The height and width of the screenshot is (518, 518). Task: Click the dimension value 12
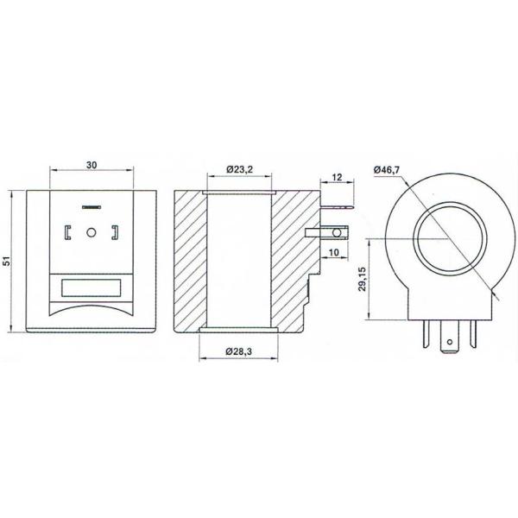click(x=338, y=177)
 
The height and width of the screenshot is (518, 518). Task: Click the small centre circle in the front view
click(x=90, y=232)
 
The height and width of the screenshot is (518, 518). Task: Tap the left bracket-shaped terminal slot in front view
click(x=67, y=232)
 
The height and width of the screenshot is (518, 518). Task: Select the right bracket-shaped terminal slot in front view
click(x=112, y=232)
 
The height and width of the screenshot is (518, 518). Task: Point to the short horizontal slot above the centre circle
click(x=90, y=207)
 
